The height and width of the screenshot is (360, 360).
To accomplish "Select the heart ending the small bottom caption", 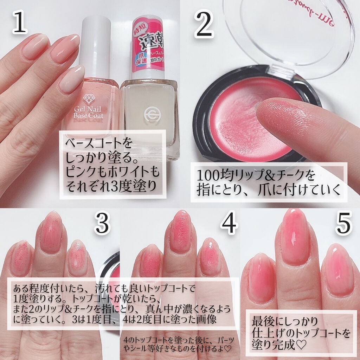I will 228,350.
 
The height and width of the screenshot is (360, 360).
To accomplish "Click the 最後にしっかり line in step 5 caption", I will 285,321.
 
